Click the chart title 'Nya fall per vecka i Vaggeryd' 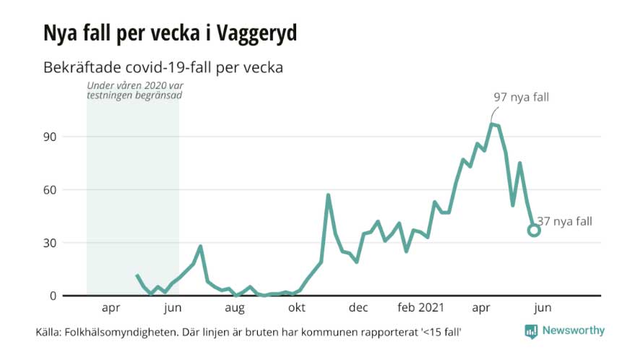tap(170, 34)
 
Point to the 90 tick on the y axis tap(51, 137)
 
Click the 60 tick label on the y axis tap(51, 189)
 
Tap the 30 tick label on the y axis tap(51, 243)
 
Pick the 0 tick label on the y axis tap(53, 296)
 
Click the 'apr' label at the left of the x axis tap(111, 308)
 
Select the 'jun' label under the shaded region tap(173, 308)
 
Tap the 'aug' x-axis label tap(234, 308)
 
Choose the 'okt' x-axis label tap(296, 308)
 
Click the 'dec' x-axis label tap(358, 308)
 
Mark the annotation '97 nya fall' tap(522, 98)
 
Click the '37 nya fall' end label tap(565, 222)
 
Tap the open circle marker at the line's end tap(534, 230)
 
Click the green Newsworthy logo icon tap(531, 331)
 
